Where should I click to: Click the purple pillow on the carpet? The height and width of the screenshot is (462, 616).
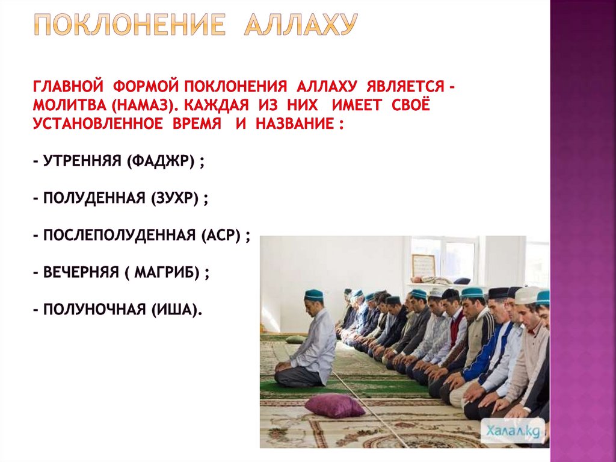tap(334, 405)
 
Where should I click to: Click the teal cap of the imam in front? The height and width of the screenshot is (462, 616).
tap(313, 295)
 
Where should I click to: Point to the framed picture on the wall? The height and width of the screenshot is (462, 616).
tap(423, 265)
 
